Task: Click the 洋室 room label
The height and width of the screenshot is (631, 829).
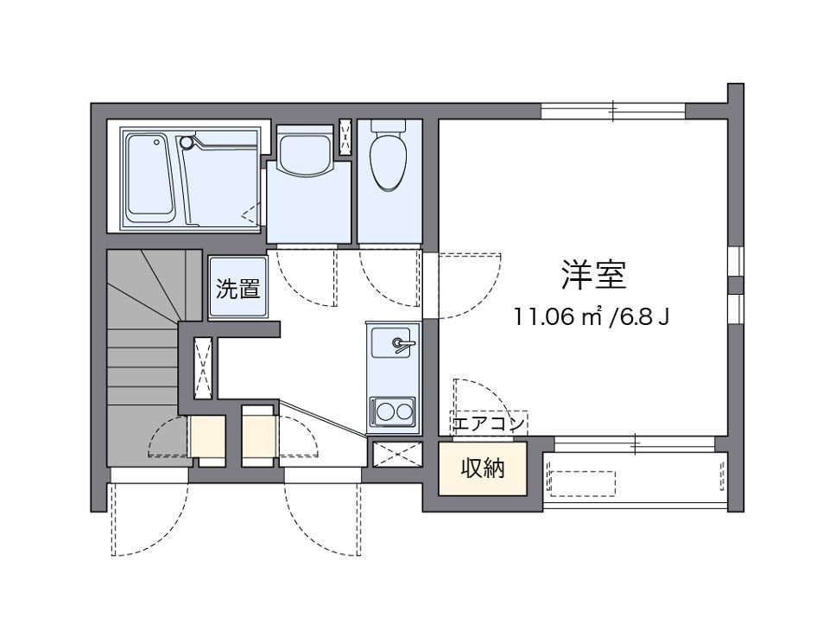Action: [x=593, y=275]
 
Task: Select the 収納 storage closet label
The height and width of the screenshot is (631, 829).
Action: [x=483, y=468]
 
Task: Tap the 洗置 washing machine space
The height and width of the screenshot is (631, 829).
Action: [x=238, y=289]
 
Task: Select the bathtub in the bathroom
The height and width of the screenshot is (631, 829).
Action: [x=149, y=178]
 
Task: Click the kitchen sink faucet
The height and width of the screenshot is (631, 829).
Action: [x=402, y=344]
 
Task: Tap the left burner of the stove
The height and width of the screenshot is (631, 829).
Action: [x=383, y=411]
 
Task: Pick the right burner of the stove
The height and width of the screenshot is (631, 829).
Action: [x=404, y=411]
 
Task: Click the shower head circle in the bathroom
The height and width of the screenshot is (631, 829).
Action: [x=185, y=142]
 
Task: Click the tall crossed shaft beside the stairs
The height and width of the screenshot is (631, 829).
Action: [x=203, y=368]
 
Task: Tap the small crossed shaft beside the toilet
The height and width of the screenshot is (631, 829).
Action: [x=345, y=137]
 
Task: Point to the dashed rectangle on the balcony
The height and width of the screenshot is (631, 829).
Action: [x=583, y=483]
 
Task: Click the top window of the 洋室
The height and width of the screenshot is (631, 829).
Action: [x=613, y=112]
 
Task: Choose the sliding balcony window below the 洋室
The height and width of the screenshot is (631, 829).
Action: [x=635, y=443]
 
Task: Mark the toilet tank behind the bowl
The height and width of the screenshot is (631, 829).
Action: [x=389, y=126]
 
